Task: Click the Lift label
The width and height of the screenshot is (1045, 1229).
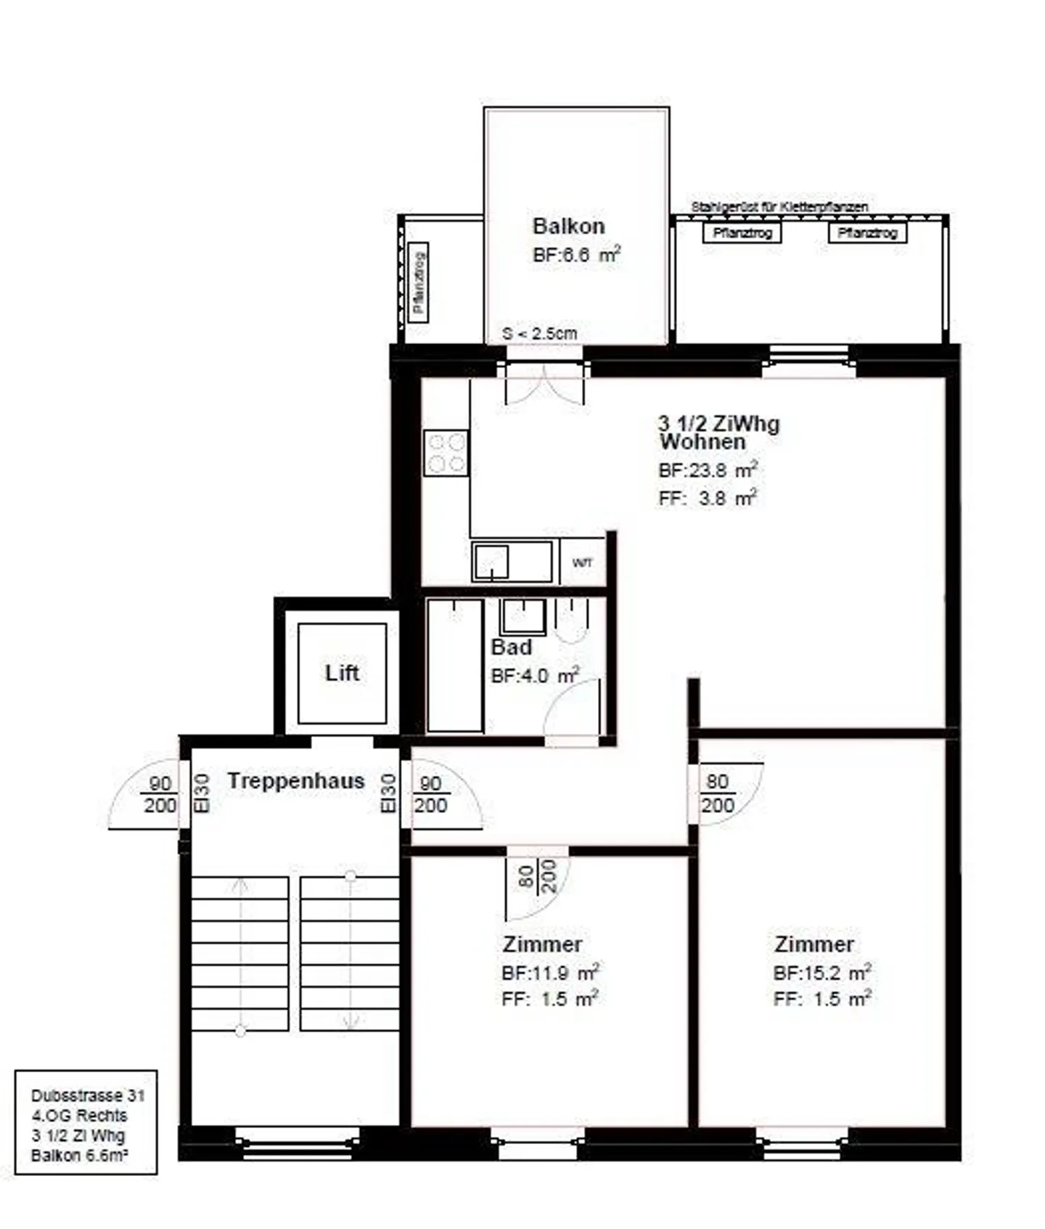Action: point(342,673)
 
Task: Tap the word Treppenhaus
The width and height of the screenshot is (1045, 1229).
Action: point(296,781)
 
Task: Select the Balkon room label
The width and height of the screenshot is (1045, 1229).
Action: point(568,226)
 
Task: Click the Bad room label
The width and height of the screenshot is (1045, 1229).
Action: point(512,647)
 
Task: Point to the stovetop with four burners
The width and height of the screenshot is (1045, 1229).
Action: point(446,453)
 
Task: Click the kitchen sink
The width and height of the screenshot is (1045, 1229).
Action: point(491,561)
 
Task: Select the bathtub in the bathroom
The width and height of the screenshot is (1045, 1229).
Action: point(455,665)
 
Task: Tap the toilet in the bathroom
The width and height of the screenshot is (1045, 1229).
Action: point(572,621)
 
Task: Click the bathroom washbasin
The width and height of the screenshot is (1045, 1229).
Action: point(522,617)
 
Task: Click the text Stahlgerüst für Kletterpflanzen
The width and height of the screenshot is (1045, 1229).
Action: point(779,207)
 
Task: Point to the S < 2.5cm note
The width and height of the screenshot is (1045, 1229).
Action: point(539,334)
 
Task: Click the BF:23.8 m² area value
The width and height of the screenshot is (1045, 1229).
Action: point(708,470)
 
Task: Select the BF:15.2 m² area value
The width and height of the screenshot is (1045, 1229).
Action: point(821,973)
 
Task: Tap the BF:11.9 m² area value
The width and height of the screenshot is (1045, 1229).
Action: point(550,973)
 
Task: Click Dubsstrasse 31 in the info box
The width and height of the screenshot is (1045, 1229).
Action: point(88,1095)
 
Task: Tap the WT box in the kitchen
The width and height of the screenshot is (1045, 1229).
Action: point(582,563)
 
